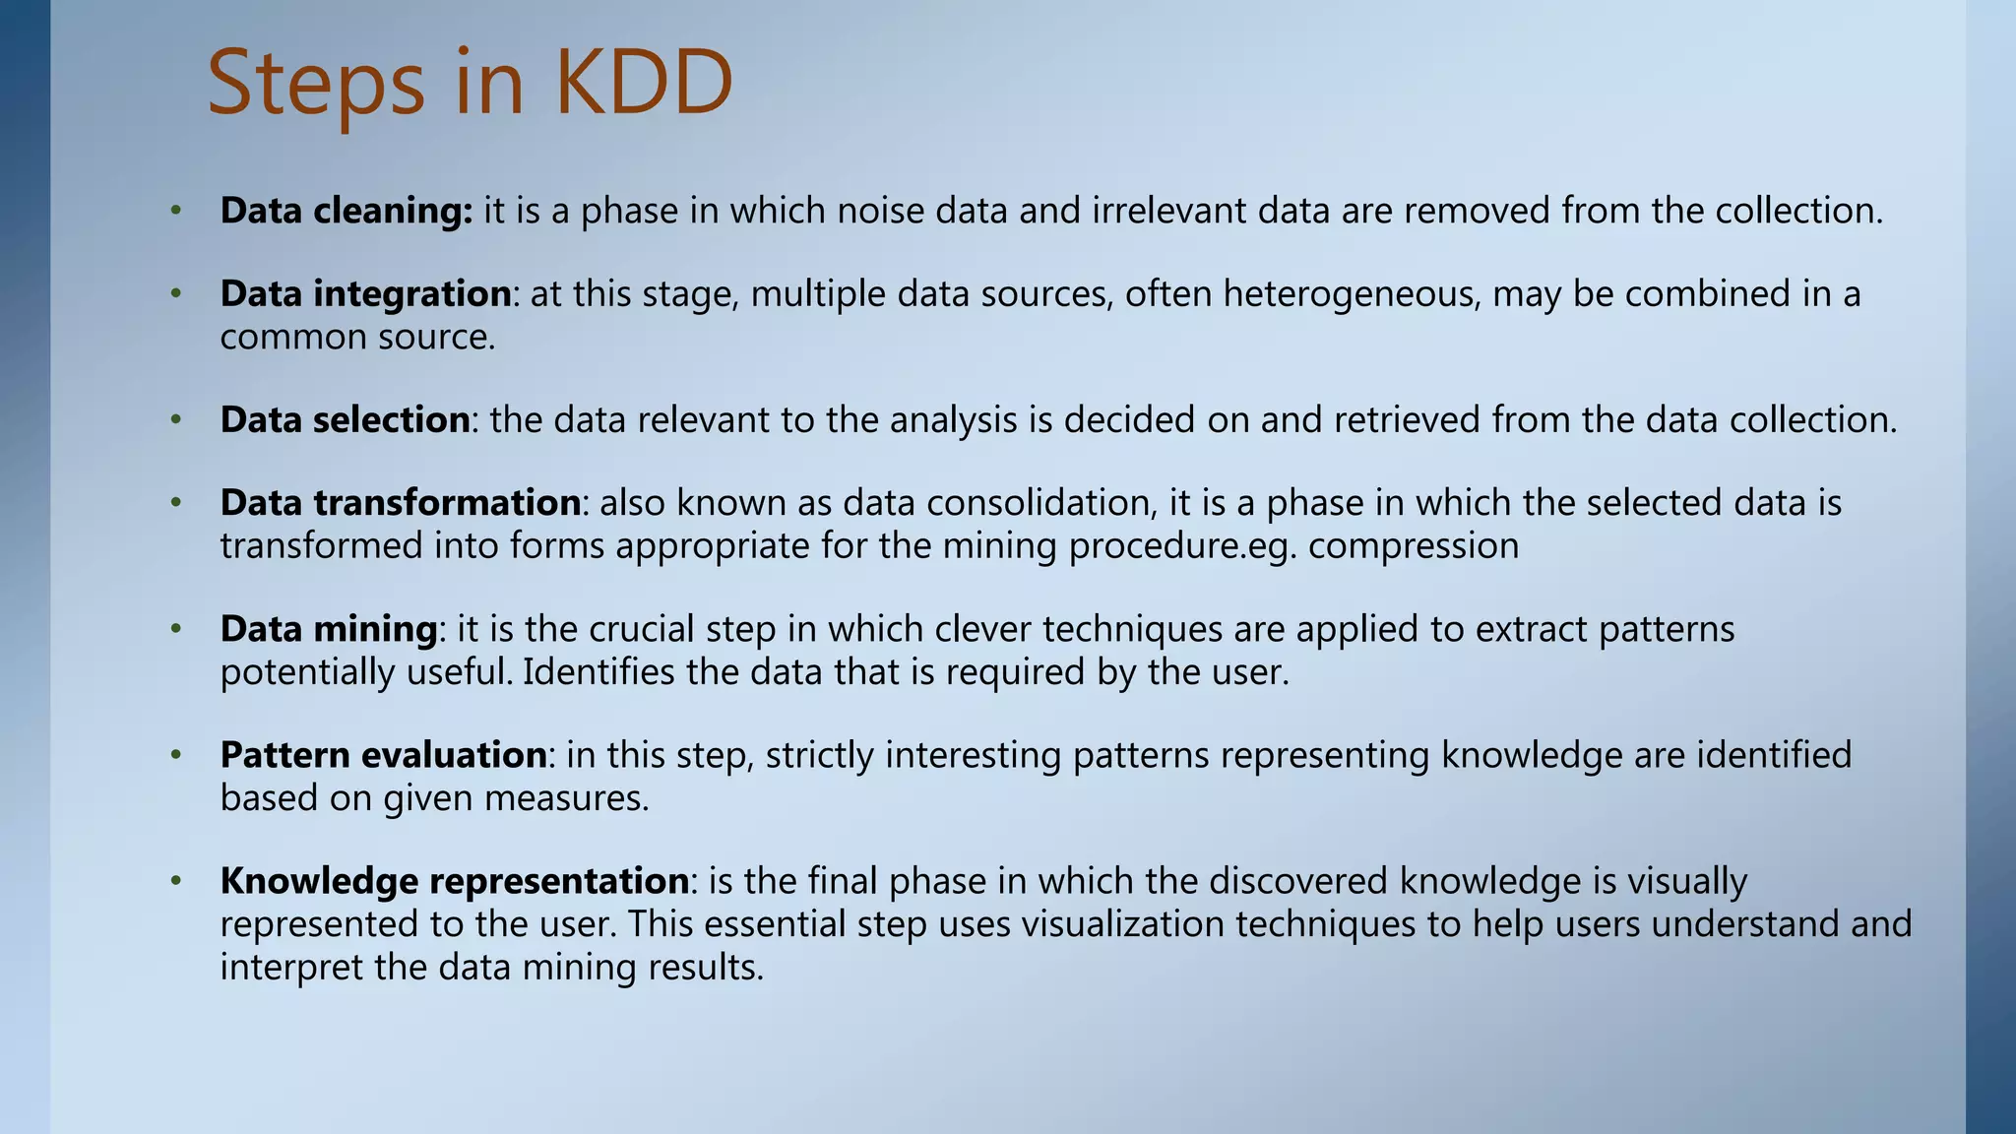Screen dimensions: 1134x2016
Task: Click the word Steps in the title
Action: [316, 85]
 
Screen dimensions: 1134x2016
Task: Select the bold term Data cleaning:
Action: [346, 211]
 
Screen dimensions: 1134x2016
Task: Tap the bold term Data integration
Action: [365, 294]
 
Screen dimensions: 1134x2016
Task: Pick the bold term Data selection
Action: [345, 420]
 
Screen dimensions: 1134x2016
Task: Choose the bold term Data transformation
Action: [400, 503]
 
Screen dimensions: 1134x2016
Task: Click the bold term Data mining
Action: [328, 629]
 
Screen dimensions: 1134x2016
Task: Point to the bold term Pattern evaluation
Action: [383, 755]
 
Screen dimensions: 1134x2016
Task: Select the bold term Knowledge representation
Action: [454, 881]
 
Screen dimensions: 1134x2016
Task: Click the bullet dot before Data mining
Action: [176, 629]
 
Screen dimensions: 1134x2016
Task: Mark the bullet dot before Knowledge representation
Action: [176, 881]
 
